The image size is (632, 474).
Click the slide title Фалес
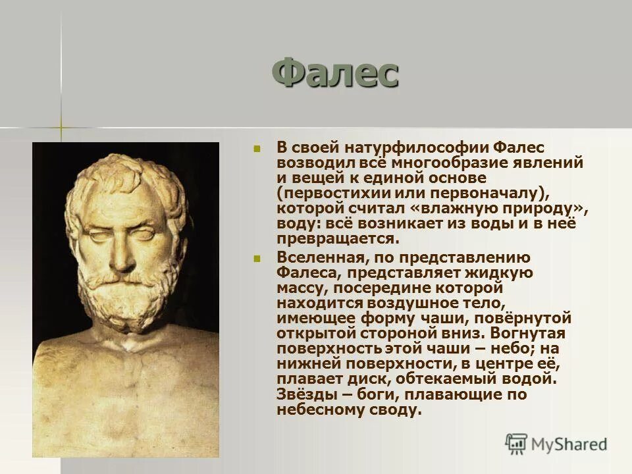click(335, 73)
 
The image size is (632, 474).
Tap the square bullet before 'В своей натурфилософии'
click(257, 147)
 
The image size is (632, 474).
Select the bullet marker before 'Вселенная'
click(257, 259)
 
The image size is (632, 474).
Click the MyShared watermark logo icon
click(516, 443)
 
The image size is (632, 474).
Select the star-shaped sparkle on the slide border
click(61, 127)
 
